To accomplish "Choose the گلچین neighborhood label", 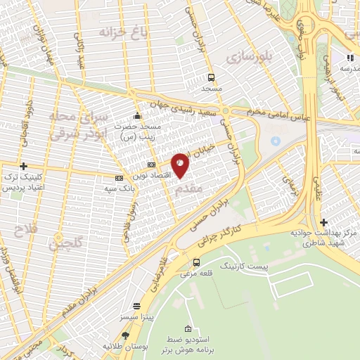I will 63,242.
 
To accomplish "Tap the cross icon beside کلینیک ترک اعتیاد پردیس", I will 24,167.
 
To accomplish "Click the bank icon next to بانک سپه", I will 119,178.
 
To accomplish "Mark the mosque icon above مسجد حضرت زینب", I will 137,115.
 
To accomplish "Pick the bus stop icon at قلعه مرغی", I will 196,263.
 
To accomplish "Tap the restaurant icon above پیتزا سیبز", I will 136,307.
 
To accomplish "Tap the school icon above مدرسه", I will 349,58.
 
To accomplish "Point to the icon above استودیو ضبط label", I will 187,329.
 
